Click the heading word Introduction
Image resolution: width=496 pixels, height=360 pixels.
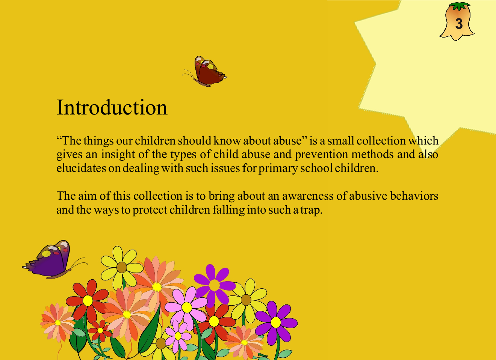point(112,108)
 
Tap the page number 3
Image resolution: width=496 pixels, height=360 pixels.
point(458,24)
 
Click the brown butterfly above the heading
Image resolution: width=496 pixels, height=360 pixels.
point(207,71)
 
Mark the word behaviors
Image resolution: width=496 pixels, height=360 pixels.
point(414,196)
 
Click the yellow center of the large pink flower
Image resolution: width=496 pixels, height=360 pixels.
point(187,307)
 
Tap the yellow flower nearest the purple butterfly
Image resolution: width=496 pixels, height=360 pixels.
point(121,267)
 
